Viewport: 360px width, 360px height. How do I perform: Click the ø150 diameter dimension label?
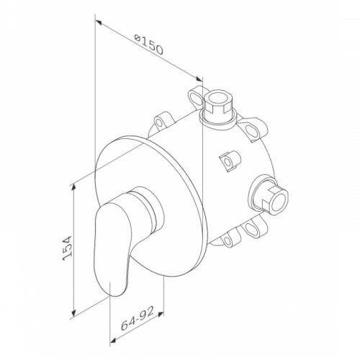[149, 45]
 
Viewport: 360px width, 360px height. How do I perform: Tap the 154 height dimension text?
[67, 248]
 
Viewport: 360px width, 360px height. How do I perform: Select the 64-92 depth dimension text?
[137, 318]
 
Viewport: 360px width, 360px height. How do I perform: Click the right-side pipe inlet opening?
[279, 199]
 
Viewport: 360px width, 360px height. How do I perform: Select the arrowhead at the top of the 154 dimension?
[74, 188]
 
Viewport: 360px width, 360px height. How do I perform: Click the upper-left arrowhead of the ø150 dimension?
[99, 22]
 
